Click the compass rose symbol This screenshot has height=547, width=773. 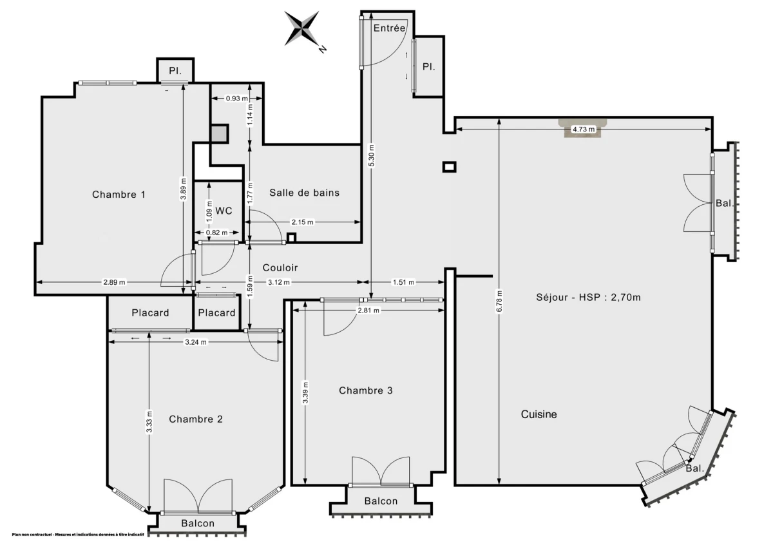pos(303,29)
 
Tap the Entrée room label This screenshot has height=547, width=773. pos(389,28)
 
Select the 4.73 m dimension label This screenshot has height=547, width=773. pos(583,130)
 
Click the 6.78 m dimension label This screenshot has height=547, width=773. pos(500,300)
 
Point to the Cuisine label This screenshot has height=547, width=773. pos(539,414)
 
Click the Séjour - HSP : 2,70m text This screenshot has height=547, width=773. pos(588,297)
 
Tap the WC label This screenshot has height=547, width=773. pos(224,211)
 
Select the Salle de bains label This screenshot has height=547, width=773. pos(304,193)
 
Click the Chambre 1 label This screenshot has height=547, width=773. pos(119,194)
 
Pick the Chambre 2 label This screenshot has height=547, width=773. pos(196,419)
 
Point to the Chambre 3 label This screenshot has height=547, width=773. pos(366,390)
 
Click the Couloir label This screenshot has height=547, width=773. pos(280,267)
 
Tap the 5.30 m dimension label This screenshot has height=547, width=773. pos(371,155)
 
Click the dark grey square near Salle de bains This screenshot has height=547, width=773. pos(219,133)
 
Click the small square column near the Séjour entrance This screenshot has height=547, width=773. pos(449,167)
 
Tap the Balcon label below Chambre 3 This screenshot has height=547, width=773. pos(381,501)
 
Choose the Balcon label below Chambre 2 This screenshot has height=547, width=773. pos(197,523)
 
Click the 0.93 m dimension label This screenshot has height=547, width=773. pos(236,99)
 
